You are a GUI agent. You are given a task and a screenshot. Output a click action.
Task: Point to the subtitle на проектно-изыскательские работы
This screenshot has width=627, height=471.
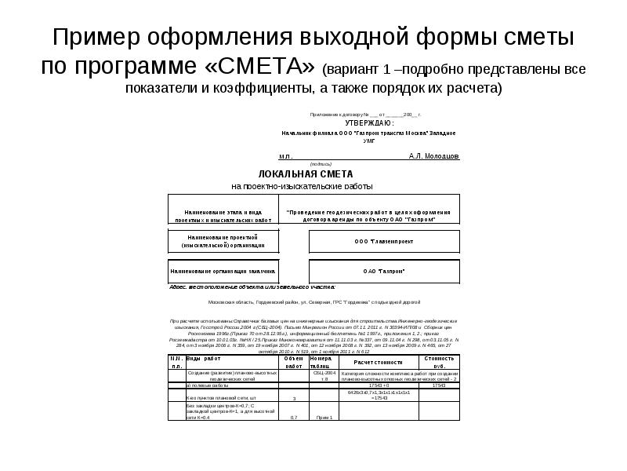pos(303,187)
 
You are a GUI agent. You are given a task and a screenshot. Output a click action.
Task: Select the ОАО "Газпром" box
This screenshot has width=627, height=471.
pos(384,272)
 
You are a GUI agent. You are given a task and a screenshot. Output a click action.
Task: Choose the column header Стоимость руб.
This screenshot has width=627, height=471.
pos(438,362)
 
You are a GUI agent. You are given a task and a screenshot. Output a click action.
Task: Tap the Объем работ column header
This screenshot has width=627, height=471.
pos(293,362)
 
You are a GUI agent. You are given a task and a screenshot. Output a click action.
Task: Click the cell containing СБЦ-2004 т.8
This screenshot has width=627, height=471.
pos(324,375)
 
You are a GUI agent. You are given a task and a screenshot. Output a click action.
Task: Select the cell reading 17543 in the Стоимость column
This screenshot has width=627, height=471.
pos(438,385)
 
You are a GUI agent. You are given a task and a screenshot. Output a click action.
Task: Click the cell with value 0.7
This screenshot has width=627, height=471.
pos(293,417)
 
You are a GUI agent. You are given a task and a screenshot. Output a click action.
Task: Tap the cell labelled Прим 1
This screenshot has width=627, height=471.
pos(324,417)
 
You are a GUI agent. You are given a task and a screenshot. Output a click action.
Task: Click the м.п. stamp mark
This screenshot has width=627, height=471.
pos(285,156)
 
